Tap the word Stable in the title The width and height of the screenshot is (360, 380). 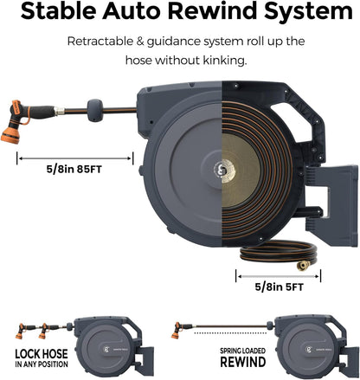pos(59,11)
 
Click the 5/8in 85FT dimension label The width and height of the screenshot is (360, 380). pos(74,169)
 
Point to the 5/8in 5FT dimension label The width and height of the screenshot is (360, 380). pos(279,287)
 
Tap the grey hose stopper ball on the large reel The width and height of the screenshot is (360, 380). pos(95,110)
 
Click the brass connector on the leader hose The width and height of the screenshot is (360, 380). pos(304,266)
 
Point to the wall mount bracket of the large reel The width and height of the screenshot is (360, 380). pos(331,206)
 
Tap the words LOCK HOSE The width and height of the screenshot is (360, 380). pos(42,354)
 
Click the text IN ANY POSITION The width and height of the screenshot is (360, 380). pos(42,364)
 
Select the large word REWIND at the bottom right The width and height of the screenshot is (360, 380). pos(243,362)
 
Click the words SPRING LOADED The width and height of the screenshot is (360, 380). pos(243,351)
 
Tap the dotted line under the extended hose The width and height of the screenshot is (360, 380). pos(230,333)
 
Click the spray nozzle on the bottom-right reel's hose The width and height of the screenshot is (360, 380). pos(177,330)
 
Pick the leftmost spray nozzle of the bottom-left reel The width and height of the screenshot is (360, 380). pos(21,331)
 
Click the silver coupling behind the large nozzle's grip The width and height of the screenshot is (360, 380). pos(60,111)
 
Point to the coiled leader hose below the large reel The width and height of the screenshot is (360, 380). pos(279,252)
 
